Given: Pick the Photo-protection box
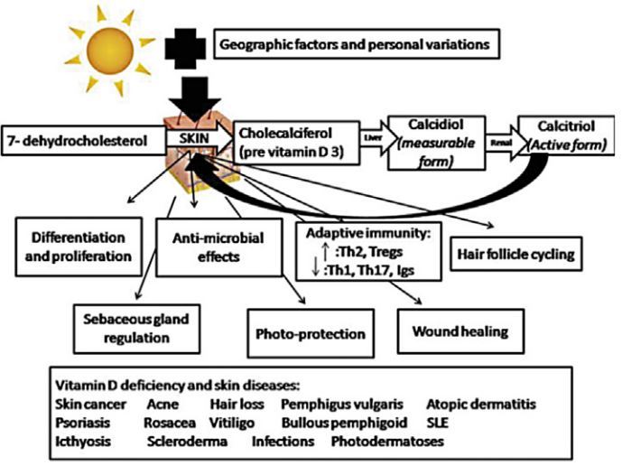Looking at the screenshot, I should point(307,333).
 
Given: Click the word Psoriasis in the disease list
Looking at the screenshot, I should point(83,422).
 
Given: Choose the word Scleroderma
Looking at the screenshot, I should point(186,442).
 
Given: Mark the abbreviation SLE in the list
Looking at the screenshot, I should point(435,422).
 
